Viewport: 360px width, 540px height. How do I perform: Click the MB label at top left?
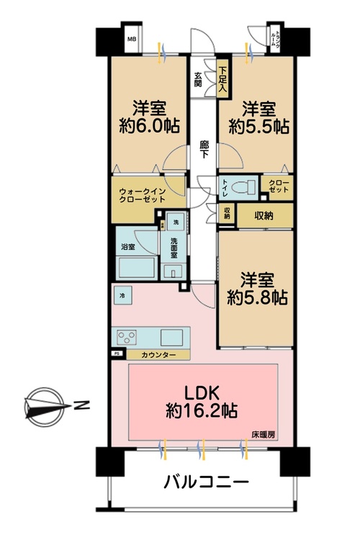(x=132, y=40)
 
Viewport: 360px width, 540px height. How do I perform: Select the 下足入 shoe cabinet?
(x=223, y=80)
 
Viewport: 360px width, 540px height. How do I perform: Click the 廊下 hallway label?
(x=204, y=149)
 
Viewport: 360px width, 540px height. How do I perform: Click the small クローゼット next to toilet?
(x=276, y=186)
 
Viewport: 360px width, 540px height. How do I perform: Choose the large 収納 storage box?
(x=264, y=214)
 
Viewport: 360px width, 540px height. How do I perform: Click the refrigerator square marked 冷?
(x=122, y=295)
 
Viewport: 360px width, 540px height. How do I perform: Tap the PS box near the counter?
(x=117, y=355)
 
